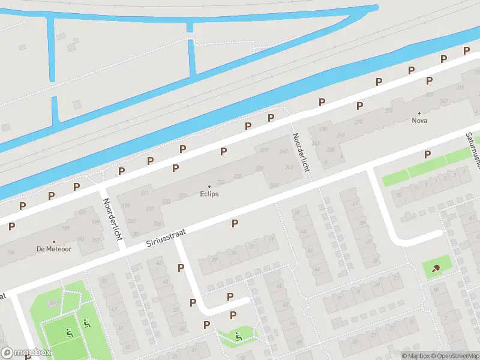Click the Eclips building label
pyautogui.click(x=209, y=194)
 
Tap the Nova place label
pyautogui.click(x=419, y=120)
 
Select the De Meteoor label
pyautogui.click(x=54, y=248)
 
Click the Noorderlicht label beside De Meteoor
pyautogui.click(x=112, y=219)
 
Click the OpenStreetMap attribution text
pyautogui.click(x=456, y=356)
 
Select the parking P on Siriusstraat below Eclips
pyautogui.click(x=235, y=223)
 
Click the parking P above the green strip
pyautogui.click(x=427, y=154)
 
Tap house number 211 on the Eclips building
pyautogui.click(x=144, y=193)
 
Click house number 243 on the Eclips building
pyautogui.click(x=274, y=185)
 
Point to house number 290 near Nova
pyautogui.click(x=324, y=129)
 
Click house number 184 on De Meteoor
pyautogui.click(x=10, y=253)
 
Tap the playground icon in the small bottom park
pyautogui.click(x=239, y=335)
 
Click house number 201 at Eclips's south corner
pyautogui.click(x=136, y=235)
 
